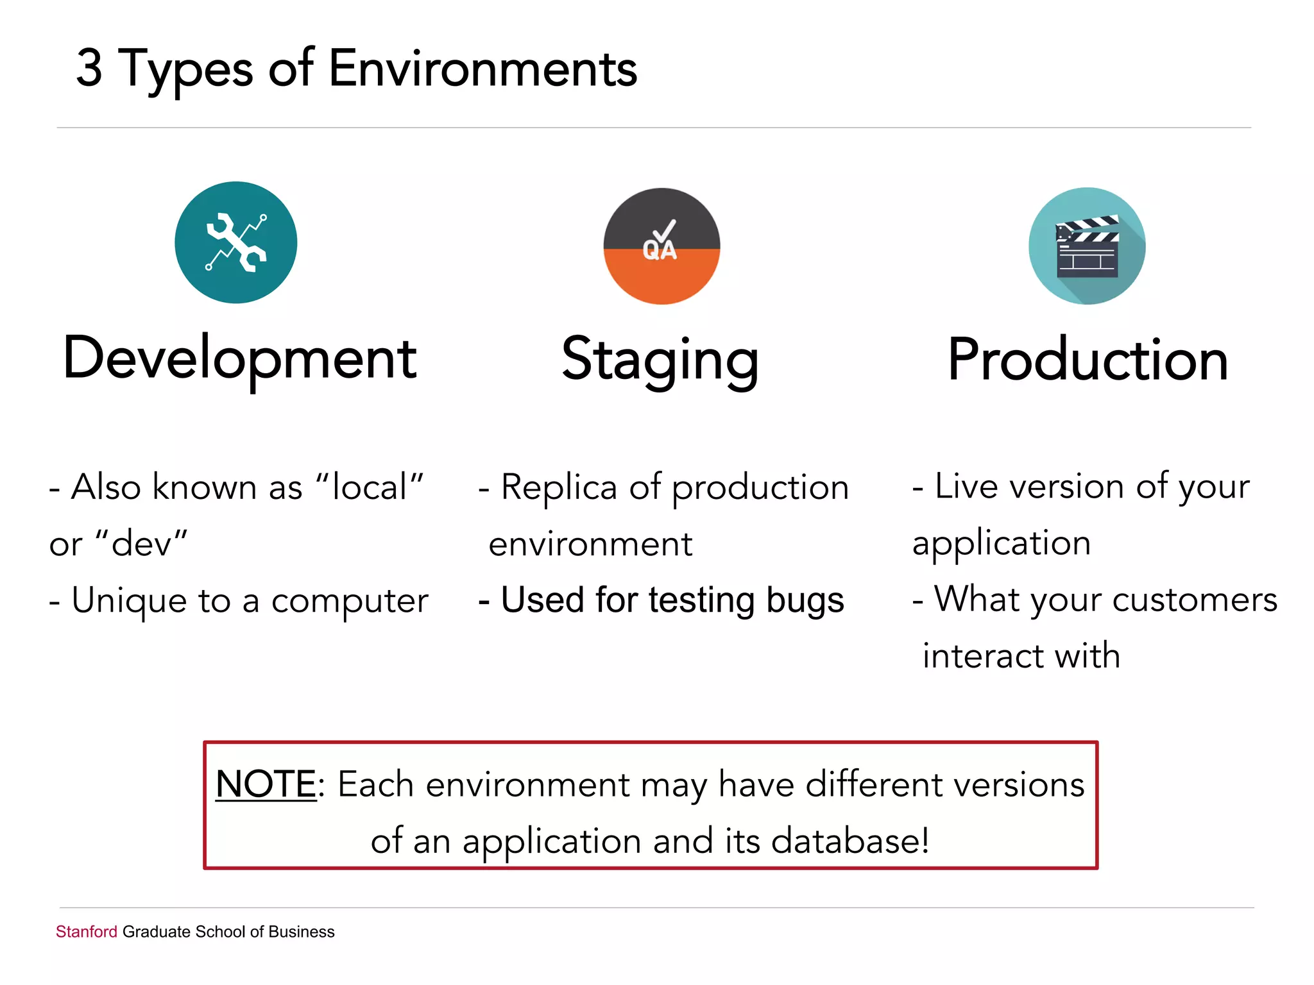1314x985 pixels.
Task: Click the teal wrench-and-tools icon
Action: click(236, 242)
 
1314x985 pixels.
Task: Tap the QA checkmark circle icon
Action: click(661, 246)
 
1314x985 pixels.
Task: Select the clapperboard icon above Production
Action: click(1087, 246)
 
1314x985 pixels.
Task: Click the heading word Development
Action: click(240, 358)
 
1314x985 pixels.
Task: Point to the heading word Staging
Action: click(660, 360)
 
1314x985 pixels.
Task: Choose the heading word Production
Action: click(1088, 360)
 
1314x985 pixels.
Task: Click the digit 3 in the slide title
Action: click(89, 68)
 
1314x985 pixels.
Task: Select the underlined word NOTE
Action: click(266, 784)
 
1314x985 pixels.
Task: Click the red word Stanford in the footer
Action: click(86, 932)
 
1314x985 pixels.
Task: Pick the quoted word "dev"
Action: click(141, 544)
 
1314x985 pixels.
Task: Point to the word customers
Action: click(1195, 600)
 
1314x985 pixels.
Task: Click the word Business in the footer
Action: click(302, 932)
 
